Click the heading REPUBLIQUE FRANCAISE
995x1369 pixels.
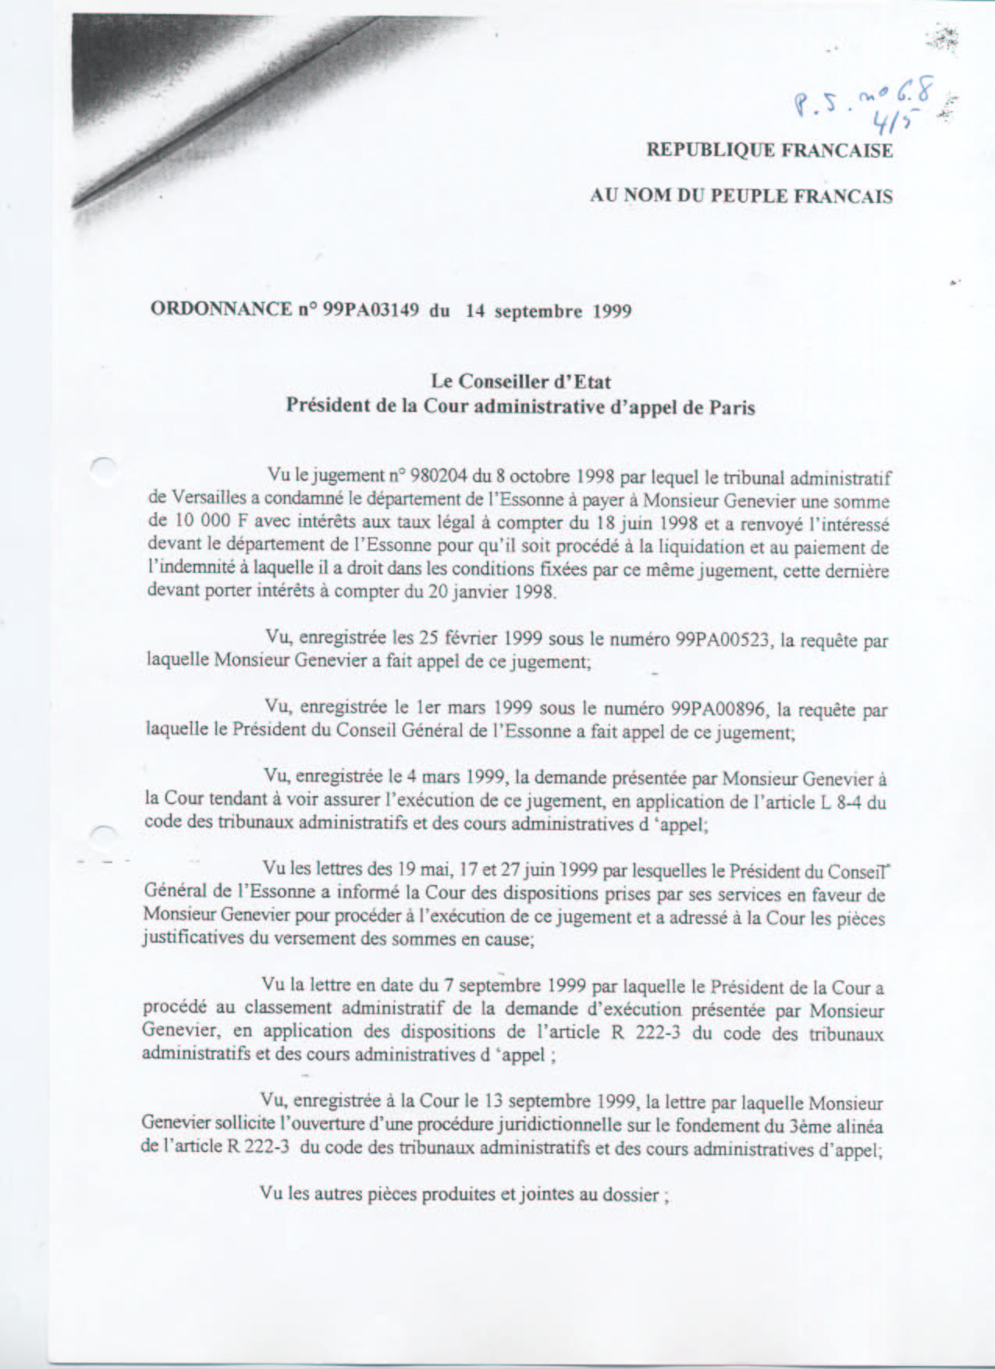769,150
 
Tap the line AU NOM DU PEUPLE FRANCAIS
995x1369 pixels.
741,195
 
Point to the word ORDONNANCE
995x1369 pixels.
221,308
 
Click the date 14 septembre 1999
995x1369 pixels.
548,311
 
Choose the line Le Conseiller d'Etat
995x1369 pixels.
521,382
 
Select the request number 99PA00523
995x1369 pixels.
722,639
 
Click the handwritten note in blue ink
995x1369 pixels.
862,100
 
